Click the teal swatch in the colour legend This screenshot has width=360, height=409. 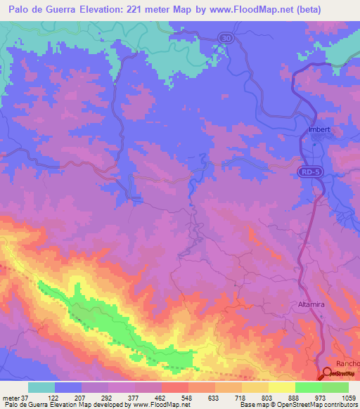tap(41, 387)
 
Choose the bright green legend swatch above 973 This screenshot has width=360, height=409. tap(308, 387)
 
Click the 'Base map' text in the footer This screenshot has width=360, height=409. tap(252, 405)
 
